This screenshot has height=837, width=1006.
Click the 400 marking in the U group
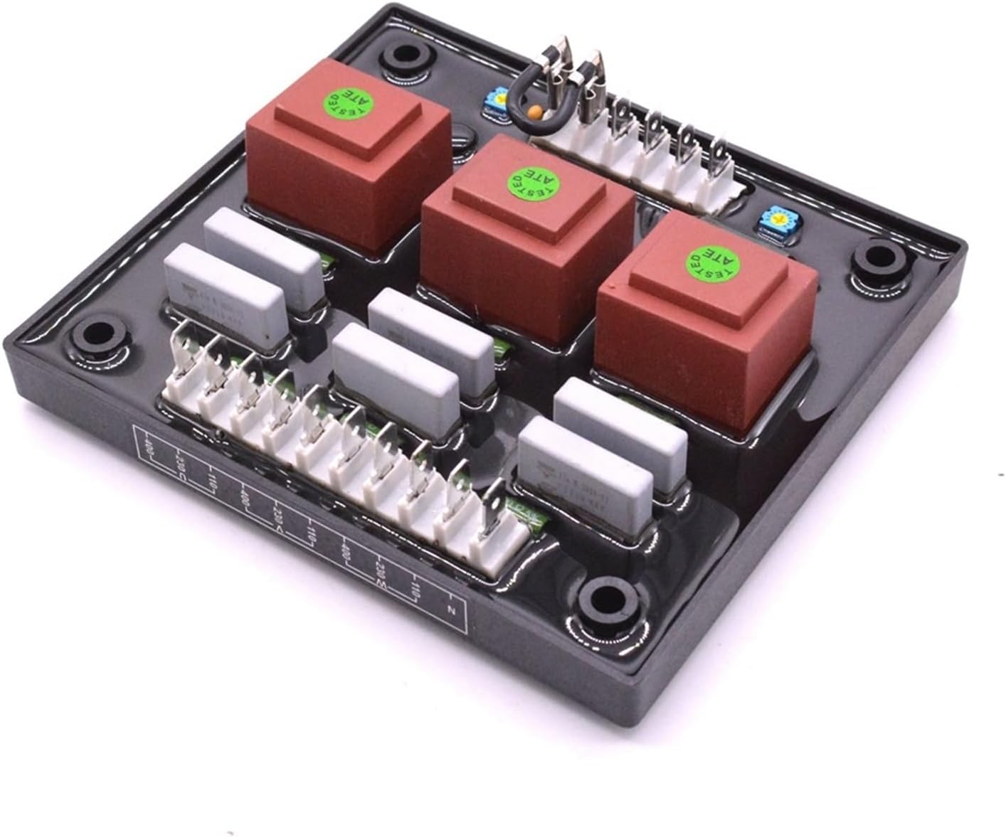[x=147, y=446]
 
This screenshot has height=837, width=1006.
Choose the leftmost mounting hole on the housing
[x=97, y=334]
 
